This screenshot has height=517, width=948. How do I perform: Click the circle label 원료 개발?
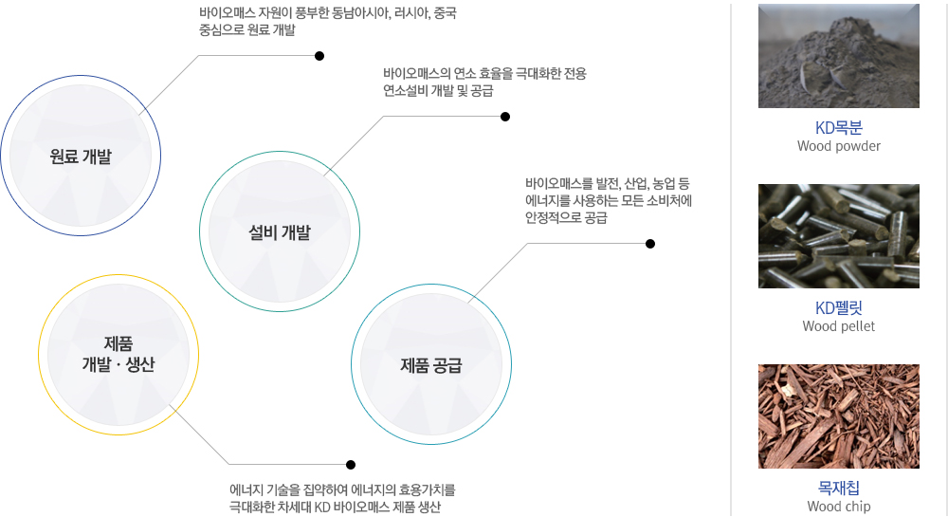81,157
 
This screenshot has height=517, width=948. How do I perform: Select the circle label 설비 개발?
280,232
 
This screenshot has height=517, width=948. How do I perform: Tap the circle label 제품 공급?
431,365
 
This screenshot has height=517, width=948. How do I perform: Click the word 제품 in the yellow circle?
118,343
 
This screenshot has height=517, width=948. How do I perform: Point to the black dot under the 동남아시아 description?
319,56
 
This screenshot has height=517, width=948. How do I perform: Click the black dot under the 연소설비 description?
505,117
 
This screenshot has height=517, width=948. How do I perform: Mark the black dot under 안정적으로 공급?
650,244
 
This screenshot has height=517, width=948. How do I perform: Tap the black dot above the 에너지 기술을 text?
351,465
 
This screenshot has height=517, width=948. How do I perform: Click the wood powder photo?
839,56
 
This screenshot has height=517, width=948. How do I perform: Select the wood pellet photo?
839,236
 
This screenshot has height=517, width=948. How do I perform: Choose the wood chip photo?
839,416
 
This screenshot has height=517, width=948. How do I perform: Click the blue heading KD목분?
839,127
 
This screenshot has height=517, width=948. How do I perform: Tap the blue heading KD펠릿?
839,307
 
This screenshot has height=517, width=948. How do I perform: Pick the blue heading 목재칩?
839,488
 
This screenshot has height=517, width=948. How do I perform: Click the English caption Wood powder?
839,146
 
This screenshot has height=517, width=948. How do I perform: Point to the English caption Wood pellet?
839,326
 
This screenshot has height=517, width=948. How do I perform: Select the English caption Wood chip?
839,507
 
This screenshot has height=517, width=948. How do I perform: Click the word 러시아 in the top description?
410,12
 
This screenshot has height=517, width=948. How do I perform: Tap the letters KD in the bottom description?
322,507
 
